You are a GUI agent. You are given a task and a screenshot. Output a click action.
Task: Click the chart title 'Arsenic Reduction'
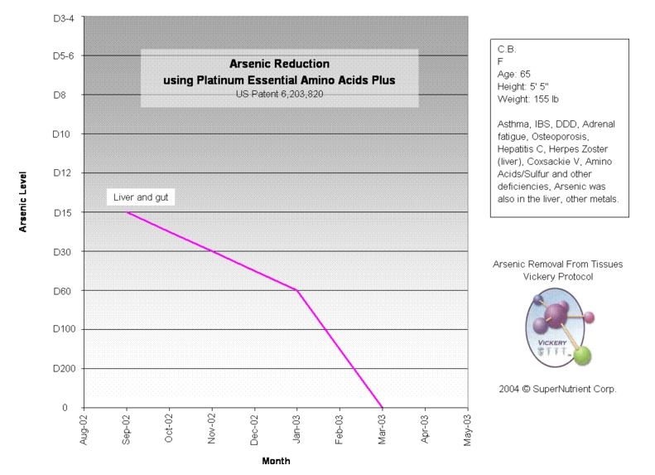coord(278,63)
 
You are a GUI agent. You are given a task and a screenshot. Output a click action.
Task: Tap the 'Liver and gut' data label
coord(139,198)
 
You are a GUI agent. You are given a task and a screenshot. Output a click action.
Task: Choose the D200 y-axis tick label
coord(61,368)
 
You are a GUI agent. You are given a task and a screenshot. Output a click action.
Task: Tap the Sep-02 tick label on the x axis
coord(127,429)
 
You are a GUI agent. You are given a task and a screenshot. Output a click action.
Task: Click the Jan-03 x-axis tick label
coord(296,429)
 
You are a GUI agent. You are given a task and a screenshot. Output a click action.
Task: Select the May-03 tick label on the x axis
coord(467,429)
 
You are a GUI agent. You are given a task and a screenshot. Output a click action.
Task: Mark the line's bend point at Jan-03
coord(296,290)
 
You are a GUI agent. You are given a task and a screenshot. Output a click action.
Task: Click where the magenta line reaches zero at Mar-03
coord(382,407)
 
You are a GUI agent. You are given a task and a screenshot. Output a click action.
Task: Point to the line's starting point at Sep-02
coord(127,212)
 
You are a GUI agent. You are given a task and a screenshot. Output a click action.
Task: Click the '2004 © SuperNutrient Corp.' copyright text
coord(557,388)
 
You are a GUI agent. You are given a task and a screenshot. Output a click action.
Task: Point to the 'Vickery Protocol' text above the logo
coord(557,276)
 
